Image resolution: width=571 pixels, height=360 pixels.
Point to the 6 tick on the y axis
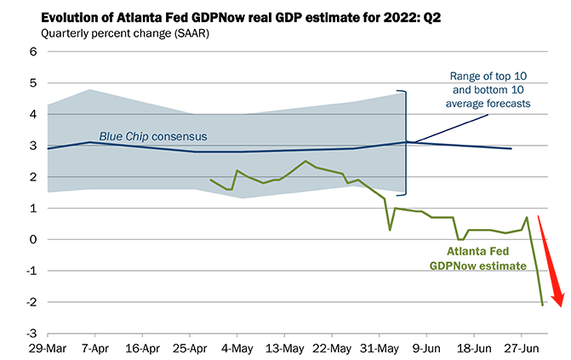coord(34,52)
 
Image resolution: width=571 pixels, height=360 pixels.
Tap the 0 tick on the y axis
coord(34,240)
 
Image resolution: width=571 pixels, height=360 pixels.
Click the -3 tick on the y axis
coord(31,334)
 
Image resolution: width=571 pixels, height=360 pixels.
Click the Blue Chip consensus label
coord(153,136)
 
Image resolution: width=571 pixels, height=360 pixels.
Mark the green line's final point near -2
coord(543,304)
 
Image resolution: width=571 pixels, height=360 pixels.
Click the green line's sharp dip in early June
coord(390,230)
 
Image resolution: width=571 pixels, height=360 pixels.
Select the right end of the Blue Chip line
coord(511,149)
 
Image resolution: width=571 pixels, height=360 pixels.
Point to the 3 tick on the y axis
coord(34,146)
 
